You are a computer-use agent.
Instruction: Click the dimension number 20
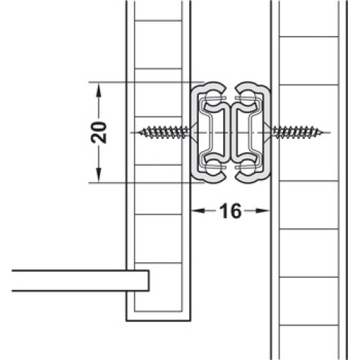click(99, 132)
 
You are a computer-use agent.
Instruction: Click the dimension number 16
click(230, 211)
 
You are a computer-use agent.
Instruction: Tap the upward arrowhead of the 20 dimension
click(99, 91)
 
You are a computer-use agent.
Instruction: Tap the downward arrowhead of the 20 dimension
click(99, 175)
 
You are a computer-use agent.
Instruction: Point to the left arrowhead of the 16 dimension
click(198, 211)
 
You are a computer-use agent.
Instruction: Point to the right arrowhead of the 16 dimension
click(262, 211)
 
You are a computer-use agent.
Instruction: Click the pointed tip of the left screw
click(139, 132)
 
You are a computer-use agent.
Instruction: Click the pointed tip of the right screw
click(323, 132)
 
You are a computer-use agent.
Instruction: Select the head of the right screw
click(267, 132)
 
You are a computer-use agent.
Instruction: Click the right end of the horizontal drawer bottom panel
click(148, 281)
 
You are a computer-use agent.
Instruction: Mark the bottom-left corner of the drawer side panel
click(127, 320)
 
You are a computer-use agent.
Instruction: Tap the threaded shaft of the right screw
click(297, 132)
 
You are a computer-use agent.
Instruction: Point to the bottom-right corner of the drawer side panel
click(191, 320)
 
